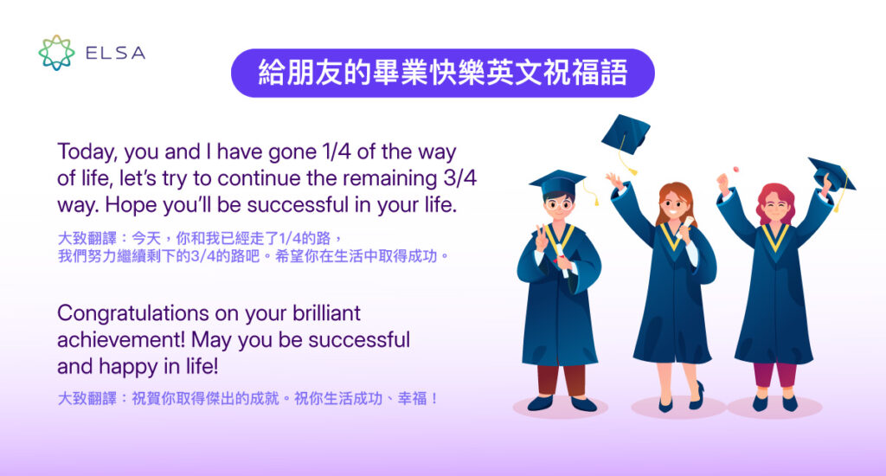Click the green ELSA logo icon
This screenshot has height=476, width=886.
(x=56, y=53)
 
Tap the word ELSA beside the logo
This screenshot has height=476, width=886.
(x=115, y=54)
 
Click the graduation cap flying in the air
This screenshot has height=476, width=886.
(x=625, y=135)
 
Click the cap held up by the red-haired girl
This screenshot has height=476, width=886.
(x=831, y=174)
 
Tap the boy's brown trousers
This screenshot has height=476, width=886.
(x=561, y=379)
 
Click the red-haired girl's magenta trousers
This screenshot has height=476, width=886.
(x=774, y=375)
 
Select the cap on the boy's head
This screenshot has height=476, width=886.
(x=557, y=182)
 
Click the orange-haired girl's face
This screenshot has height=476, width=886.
(x=677, y=207)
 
